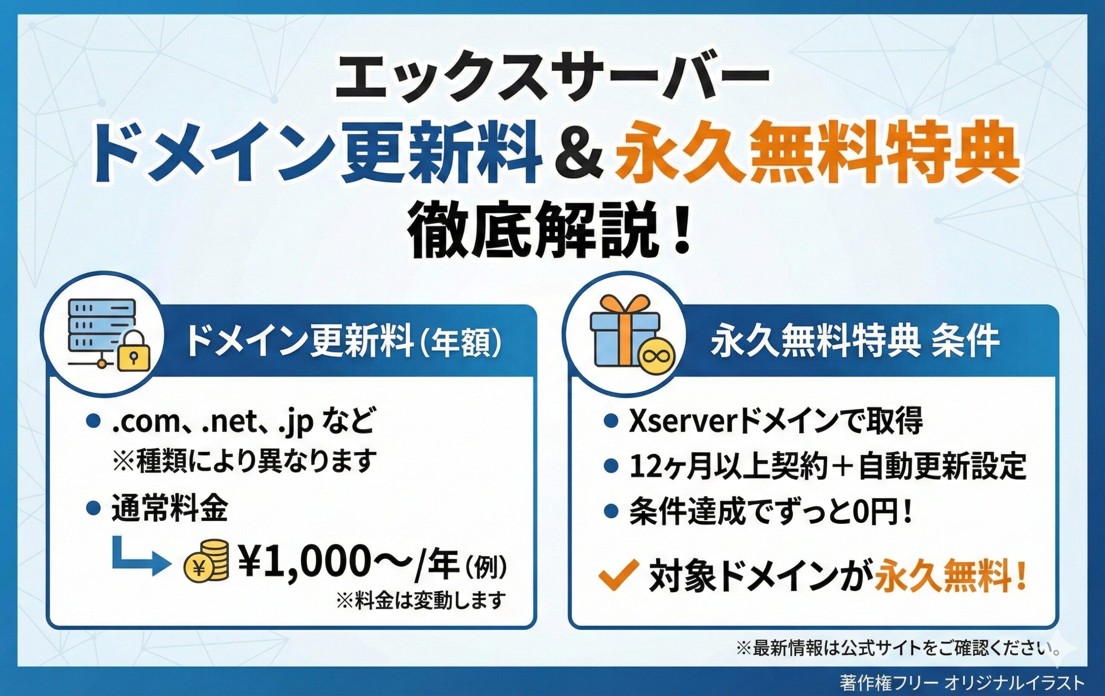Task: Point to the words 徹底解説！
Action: (x=551, y=232)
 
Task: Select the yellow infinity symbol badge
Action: (x=657, y=355)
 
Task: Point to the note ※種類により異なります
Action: (x=244, y=461)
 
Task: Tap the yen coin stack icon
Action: (x=206, y=560)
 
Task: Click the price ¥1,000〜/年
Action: (x=349, y=561)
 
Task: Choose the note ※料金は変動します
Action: (x=421, y=600)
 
